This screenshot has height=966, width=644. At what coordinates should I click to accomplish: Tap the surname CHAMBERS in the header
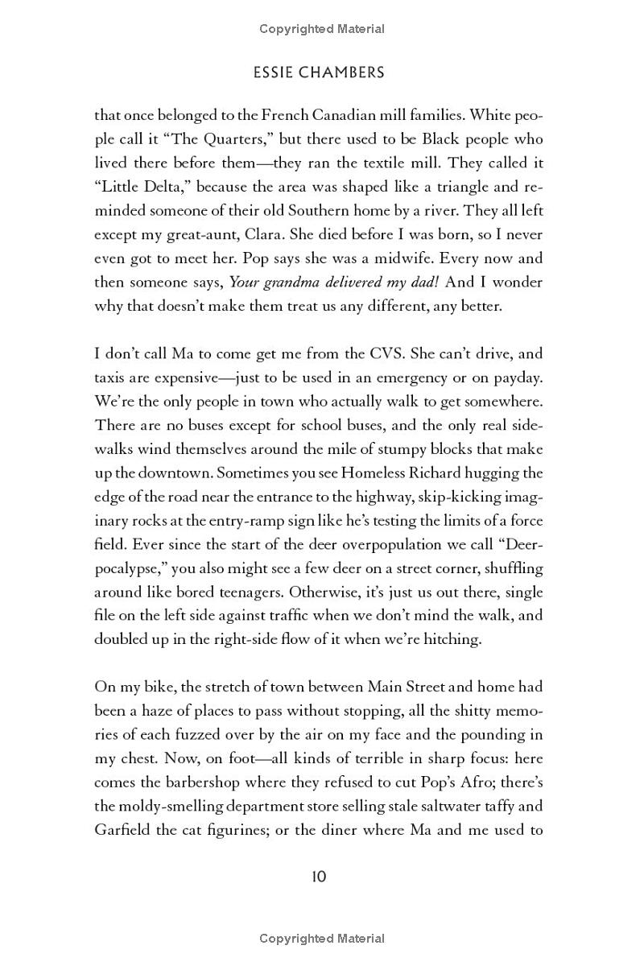(x=345, y=72)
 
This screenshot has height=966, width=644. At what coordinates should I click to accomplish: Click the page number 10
(x=319, y=876)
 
